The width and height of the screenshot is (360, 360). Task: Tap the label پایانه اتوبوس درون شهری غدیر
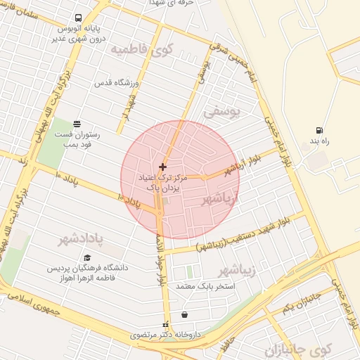tap(79, 34)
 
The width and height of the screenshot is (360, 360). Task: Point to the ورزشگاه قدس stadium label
tap(119, 83)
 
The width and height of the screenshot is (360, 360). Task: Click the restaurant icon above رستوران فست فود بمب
tap(76, 124)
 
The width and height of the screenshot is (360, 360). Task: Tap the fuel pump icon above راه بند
tap(320, 131)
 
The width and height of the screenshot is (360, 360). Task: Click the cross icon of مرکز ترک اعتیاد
tap(163, 167)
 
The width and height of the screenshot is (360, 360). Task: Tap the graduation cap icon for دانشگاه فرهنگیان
tap(87, 257)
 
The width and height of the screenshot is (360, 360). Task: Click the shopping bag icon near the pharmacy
tap(184, 314)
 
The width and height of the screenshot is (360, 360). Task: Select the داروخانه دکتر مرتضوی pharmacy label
tap(166, 336)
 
